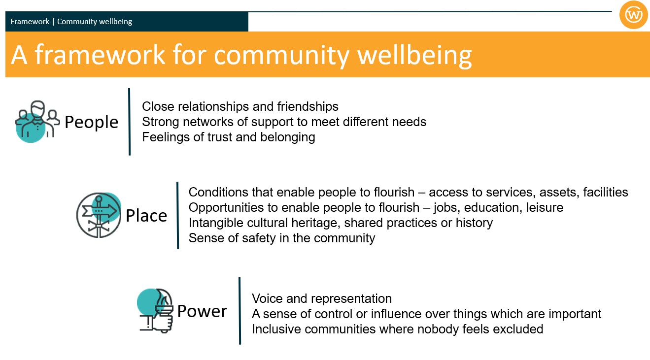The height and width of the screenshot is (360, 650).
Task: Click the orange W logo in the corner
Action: click(x=633, y=15)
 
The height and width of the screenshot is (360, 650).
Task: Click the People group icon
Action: click(x=37, y=122)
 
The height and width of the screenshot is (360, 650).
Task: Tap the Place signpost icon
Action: click(x=99, y=215)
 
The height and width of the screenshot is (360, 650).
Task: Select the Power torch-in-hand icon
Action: click(x=155, y=310)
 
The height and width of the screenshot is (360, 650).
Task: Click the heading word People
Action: click(x=91, y=122)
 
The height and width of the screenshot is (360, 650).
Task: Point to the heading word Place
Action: click(x=146, y=216)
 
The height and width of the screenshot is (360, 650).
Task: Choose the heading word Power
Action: click(x=202, y=311)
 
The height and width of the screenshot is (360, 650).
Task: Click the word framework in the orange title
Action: click(x=100, y=55)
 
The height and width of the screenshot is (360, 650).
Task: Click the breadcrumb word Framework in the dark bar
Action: click(x=30, y=22)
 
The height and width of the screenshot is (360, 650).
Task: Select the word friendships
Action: click(x=308, y=106)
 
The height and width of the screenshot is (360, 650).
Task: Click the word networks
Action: click(x=206, y=122)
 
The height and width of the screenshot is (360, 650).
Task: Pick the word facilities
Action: click(x=606, y=193)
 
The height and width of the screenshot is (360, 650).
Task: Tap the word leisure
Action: click(x=545, y=207)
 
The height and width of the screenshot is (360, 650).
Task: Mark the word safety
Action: click(x=258, y=238)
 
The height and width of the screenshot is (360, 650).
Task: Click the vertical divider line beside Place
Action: click(x=177, y=215)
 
